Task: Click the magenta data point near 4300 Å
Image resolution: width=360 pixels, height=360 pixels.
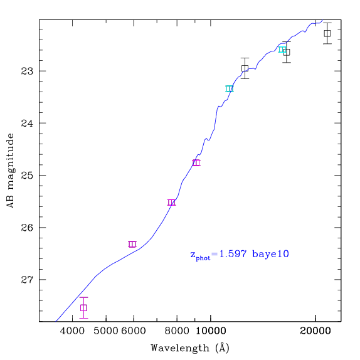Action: (x=83, y=308)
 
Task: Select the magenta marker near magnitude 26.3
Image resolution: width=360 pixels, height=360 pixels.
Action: (x=132, y=244)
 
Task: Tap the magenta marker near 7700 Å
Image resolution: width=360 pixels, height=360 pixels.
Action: (x=171, y=203)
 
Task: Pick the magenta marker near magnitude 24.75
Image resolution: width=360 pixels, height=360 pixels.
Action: (x=196, y=162)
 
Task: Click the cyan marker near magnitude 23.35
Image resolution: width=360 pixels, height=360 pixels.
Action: (x=230, y=88)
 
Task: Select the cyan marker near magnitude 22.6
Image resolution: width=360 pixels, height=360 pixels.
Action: (x=282, y=50)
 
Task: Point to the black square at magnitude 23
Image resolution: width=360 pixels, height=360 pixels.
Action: (x=245, y=68)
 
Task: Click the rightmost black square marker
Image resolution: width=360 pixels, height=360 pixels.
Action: (x=327, y=33)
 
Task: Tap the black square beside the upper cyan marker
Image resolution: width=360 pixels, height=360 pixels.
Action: (x=287, y=52)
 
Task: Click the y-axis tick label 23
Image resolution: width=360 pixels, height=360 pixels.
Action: (x=27, y=71)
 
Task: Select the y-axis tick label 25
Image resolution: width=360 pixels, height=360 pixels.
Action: (x=27, y=176)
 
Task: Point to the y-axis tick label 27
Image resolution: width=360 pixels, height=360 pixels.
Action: (x=27, y=280)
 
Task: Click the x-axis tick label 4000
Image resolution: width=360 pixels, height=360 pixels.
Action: (x=72, y=331)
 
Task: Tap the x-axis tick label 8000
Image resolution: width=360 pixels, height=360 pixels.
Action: (x=177, y=331)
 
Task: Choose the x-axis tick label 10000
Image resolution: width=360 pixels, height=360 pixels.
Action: (x=211, y=331)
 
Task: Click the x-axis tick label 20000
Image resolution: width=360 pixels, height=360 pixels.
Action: (x=315, y=331)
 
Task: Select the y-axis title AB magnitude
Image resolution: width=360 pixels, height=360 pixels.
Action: (x=10, y=171)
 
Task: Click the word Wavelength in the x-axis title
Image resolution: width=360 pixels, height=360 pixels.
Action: (x=180, y=348)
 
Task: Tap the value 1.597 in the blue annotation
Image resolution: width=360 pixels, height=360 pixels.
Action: (x=233, y=254)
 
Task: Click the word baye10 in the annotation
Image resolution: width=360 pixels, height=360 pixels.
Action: (x=270, y=255)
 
